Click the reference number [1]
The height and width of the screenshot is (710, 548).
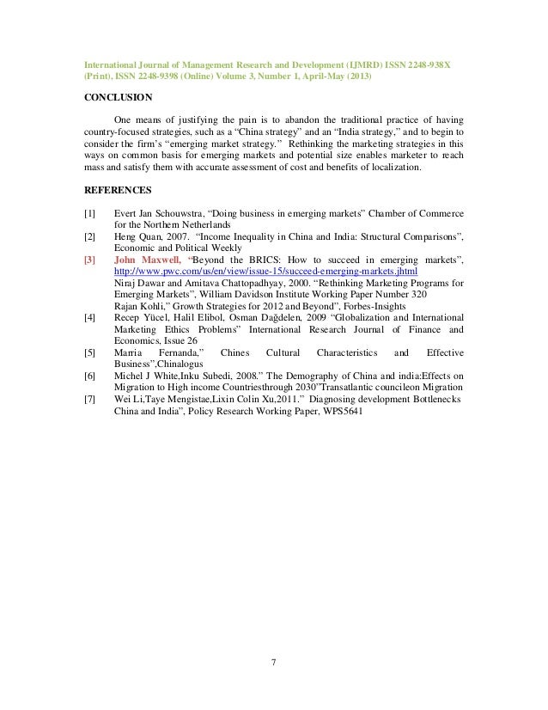pyautogui.click(x=89, y=211)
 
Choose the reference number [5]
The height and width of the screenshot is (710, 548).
pyautogui.click(x=89, y=352)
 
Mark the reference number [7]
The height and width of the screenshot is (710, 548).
pyautogui.click(x=89, y=399)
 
